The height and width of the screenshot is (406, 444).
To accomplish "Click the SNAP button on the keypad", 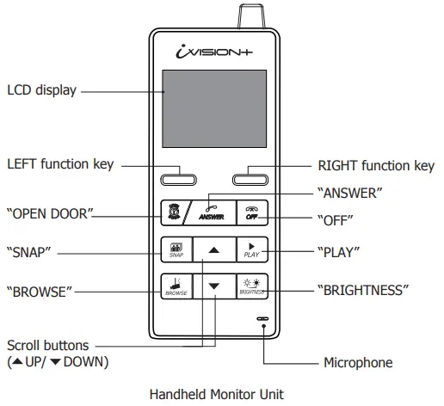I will (x=176, y=250).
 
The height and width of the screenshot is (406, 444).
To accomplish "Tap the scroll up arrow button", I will (x=215, y=249).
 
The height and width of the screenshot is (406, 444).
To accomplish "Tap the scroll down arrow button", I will (x=215, y=286).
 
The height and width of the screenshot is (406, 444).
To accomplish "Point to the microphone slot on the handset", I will (x=262, y=318).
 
